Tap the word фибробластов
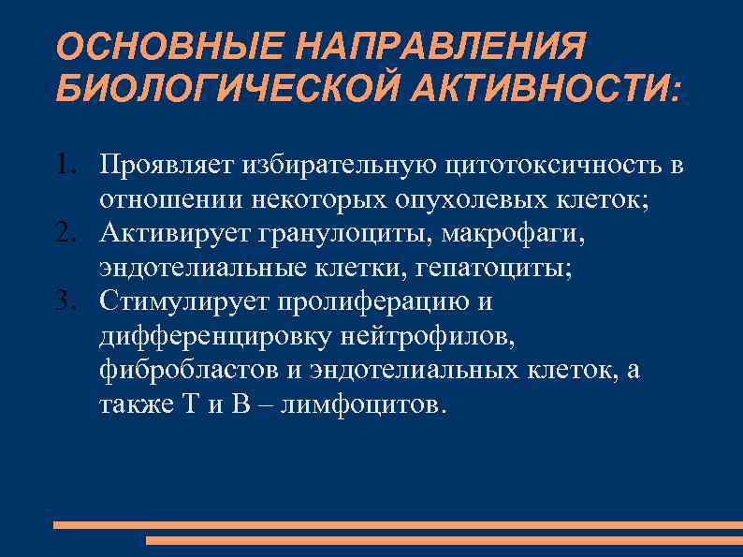(188, 370)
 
